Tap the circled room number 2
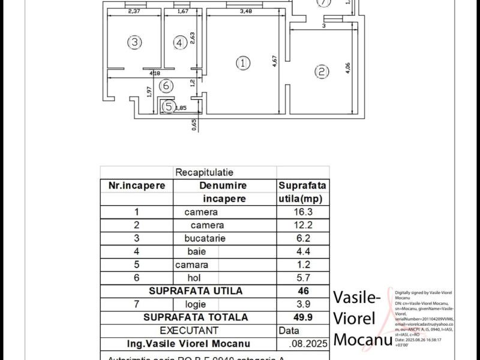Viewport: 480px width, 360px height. click(x=322, y=72)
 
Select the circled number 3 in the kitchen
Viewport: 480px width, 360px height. click(x=134, y=42)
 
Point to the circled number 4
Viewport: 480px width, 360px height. click(x=179, y=43)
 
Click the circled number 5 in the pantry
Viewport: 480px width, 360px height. click(x=169, y=106)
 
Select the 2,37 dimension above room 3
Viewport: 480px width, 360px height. click(x=134, y=11)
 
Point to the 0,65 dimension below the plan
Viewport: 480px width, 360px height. click(x=194, y=124)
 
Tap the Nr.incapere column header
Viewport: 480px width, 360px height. click(x=136, y=186)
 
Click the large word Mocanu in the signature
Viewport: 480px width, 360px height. click(x=362, y=340)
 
